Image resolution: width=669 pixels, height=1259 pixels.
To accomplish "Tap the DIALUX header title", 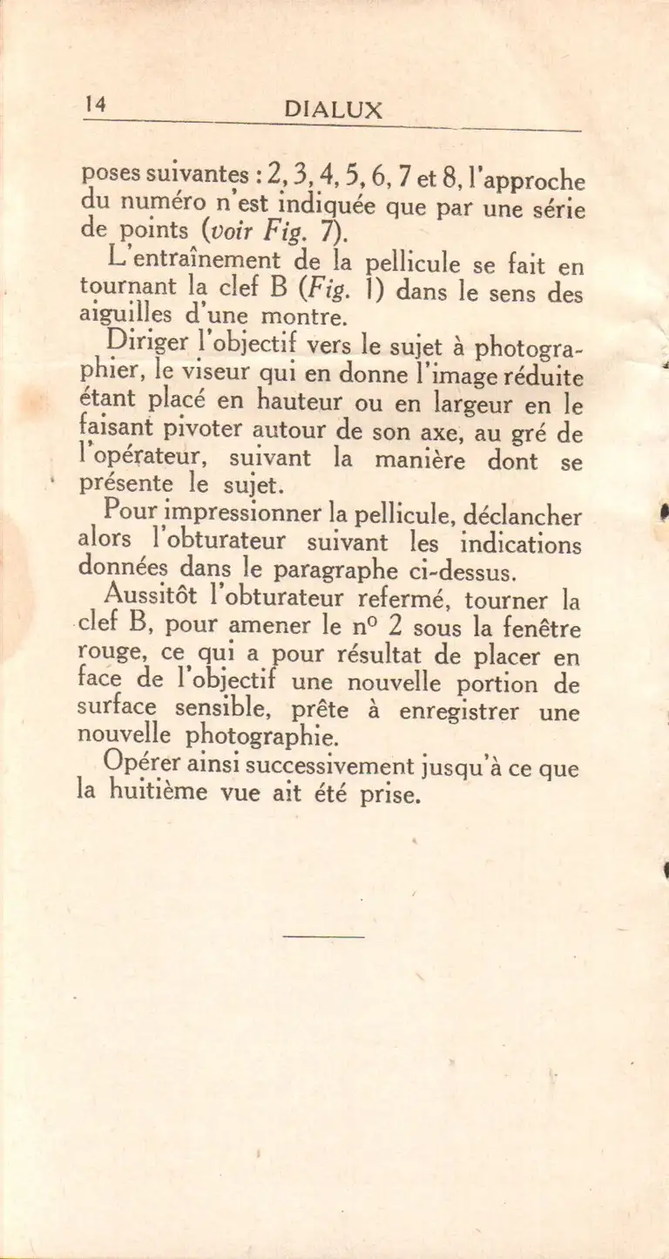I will coord(333,111).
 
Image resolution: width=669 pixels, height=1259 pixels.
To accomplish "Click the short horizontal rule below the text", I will coord(323,937).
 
